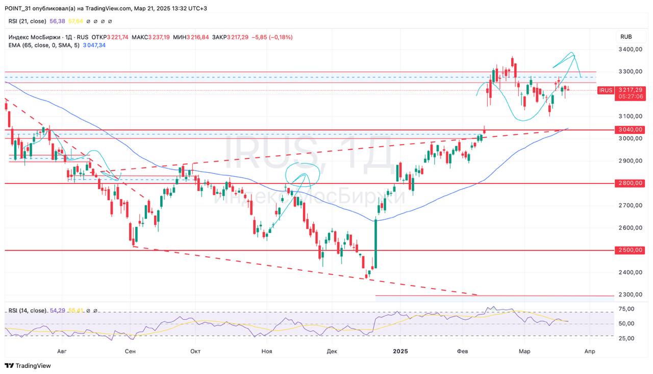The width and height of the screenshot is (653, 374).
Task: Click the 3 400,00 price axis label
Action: tap(630, 50)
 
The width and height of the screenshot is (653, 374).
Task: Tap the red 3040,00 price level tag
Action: tap(630, 130)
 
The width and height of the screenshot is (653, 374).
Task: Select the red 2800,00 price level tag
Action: tap(630, 183)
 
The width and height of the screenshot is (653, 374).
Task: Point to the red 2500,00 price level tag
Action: tap(630, 250)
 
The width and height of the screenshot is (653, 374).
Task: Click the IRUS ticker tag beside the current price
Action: tap(606, 90)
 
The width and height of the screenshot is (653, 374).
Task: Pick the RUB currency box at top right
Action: tap(626, 37)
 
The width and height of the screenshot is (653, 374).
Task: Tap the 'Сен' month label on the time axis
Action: tap(130, 351)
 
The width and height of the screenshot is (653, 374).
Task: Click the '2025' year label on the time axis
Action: tap(400, 351)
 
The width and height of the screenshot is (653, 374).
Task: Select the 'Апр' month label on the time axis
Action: tap(590, 351)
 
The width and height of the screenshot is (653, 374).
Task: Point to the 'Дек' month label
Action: tap(332, 351)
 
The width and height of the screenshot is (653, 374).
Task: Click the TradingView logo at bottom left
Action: tap(28, 366)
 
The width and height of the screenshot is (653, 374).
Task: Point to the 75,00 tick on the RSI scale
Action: tap(626, 309)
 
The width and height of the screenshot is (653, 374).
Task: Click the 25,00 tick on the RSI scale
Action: tap(626, 338)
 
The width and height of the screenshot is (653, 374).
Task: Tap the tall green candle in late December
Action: tap(375, 243)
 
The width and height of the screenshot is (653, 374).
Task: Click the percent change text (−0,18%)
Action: tap(281, 37)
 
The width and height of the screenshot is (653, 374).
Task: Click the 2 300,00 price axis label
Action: tap(630, 295)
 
